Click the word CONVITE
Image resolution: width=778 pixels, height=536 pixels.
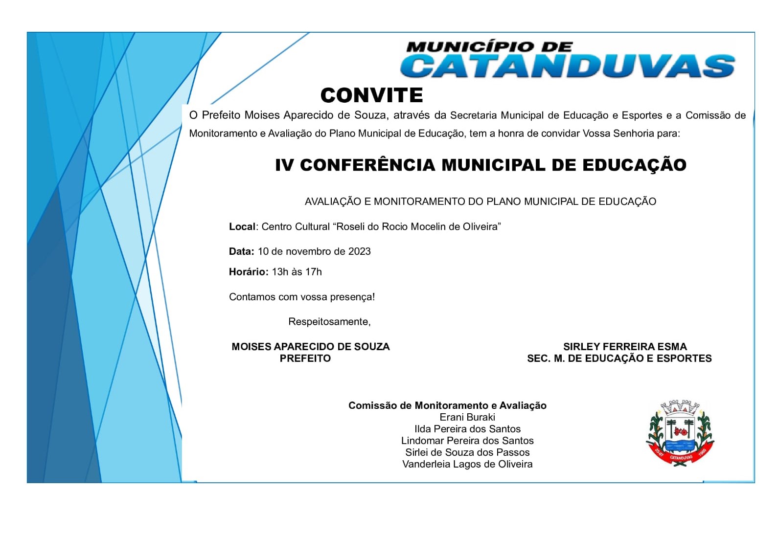point(371,95)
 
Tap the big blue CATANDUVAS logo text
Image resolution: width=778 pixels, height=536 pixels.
point(568,66)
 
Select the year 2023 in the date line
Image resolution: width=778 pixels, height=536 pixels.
point(359,251)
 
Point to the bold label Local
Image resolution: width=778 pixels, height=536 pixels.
point(242,226)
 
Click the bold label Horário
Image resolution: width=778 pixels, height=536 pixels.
point(248,272)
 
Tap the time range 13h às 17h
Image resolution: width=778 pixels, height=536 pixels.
point(297,272)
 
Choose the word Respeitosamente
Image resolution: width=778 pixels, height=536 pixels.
point(329,322)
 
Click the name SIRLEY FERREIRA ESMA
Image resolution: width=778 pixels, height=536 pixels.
point(625,347)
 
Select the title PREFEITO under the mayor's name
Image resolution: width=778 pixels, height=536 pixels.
point(305,358)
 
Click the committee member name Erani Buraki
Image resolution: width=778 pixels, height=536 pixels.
point(467,417)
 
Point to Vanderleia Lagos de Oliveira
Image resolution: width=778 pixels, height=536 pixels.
point(467,464)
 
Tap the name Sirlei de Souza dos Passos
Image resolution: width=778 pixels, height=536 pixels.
point(467,452)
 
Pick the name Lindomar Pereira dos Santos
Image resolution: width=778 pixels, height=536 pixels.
point(467,441)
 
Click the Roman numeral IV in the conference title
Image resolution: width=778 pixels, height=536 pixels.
point(284,165)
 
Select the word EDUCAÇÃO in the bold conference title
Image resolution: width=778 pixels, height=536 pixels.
point(634,165)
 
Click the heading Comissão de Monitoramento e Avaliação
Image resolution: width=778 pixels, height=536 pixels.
point(447,405)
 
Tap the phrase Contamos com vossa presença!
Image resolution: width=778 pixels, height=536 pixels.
point(302,297)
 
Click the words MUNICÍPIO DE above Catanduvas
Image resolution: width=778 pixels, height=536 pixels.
point(489,47)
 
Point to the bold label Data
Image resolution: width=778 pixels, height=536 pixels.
point(241,251)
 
